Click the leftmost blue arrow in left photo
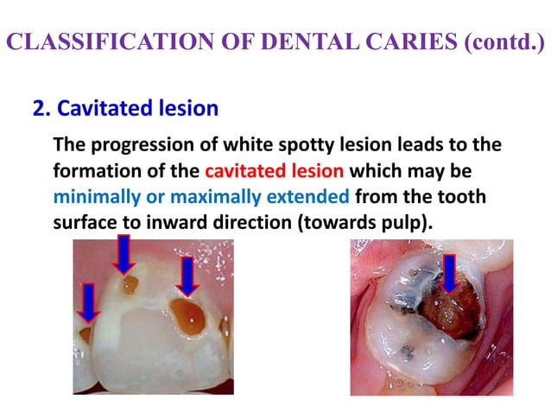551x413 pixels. tap(86, 302)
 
